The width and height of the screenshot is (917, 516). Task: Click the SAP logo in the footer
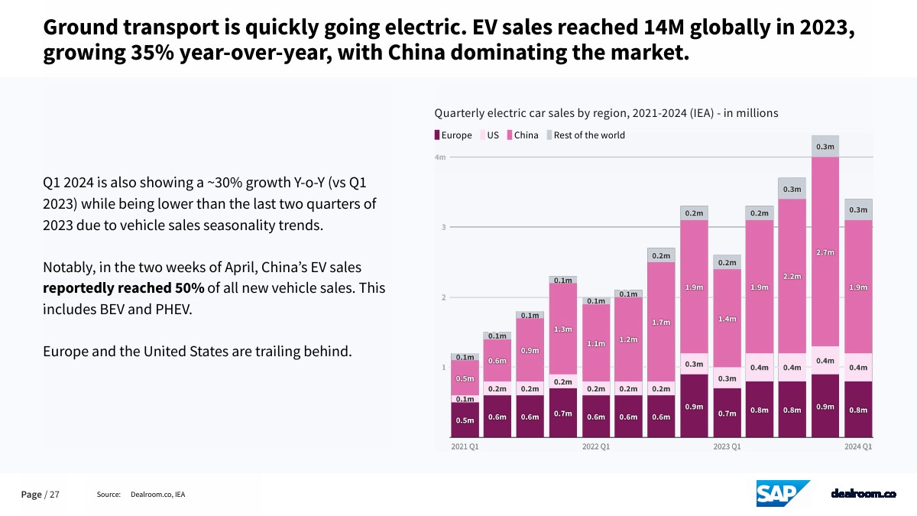point(783,494)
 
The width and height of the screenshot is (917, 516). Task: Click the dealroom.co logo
point(864,495)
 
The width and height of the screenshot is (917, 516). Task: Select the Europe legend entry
point(454,135)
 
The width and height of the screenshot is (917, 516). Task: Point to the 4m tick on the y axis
point(440,157)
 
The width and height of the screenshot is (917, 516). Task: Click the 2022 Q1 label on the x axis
point(596,446)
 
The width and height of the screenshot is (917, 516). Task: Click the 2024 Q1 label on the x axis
point(857,446)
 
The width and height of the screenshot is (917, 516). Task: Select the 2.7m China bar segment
point(825,252)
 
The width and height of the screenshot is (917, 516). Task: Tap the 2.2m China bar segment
point(792,276)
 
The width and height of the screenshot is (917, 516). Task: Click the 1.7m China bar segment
point(661,322)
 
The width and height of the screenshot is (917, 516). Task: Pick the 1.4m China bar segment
point(727,318)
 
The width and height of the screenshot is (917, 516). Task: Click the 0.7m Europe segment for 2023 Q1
point(727,414)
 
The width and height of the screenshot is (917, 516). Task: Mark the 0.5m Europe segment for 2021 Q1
point(465,420)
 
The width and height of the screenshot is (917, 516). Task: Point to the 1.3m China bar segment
point(563,329)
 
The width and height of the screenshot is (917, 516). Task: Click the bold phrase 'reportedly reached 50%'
point(123,288)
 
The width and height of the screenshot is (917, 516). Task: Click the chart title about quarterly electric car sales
point(606,113)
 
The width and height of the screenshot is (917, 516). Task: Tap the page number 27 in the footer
point(54,495)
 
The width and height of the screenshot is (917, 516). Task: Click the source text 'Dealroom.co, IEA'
point(158,495)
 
